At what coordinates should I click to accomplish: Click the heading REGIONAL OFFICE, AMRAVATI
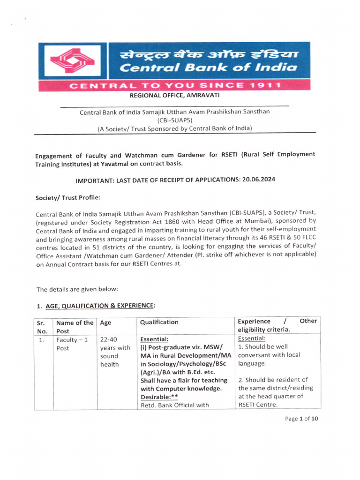pos(174,96)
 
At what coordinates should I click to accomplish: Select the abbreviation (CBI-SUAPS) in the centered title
pos(174,120)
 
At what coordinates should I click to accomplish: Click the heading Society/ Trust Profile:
pos(68,198)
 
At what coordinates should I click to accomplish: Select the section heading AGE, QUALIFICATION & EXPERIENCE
pos(99,306)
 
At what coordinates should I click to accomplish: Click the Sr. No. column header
pos(43,326)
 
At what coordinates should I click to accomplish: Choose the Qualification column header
pos(159,322)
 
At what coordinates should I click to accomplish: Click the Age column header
pos(106,322)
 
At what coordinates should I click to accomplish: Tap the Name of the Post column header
pos(74,326)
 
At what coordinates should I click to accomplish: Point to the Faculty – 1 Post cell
pos(69,344)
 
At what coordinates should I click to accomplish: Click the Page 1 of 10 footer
pos(301,419)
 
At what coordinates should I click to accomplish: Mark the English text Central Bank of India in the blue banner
pos(208,67)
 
